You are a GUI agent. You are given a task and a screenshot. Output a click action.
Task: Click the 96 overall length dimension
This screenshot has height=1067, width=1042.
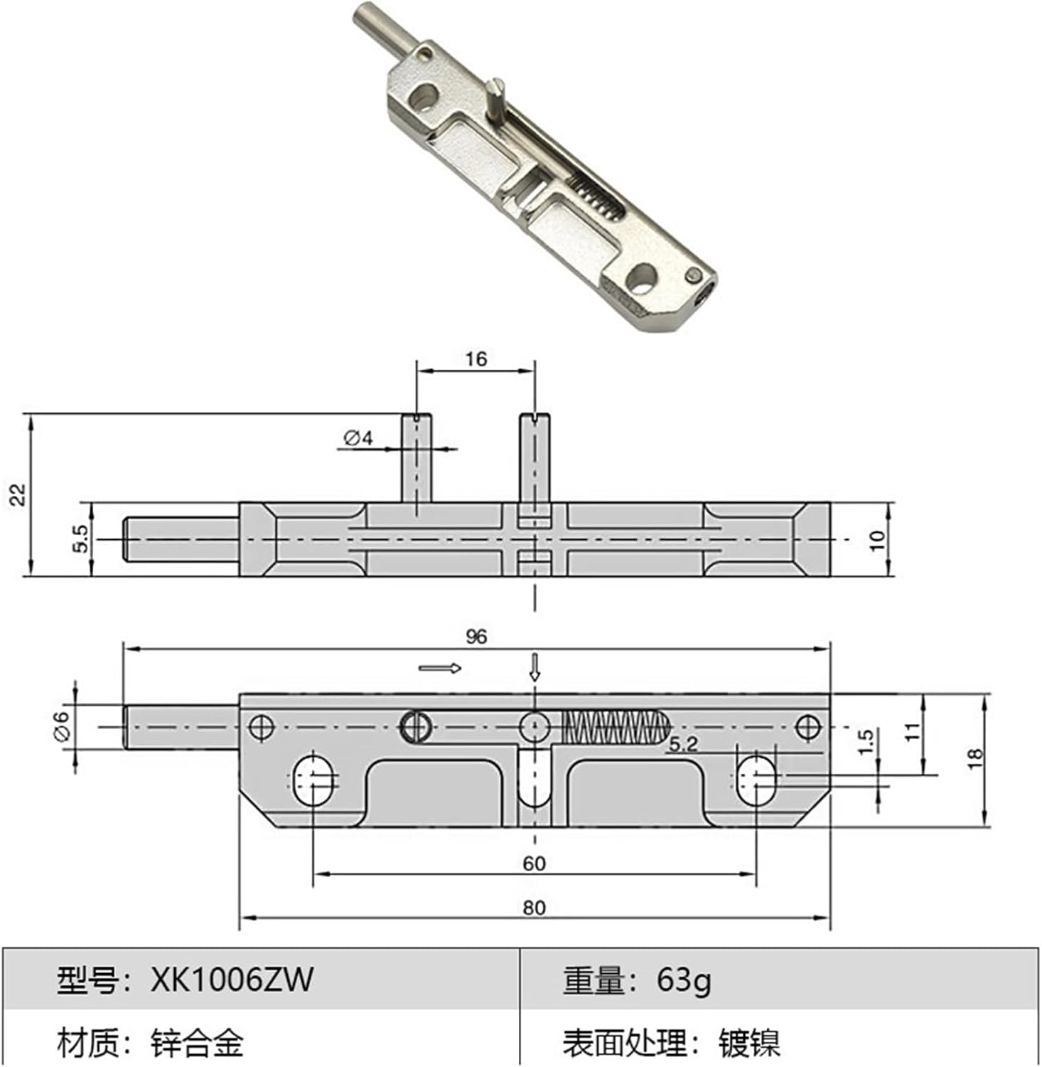476,636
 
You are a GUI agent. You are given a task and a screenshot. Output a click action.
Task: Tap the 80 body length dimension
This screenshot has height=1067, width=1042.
534,908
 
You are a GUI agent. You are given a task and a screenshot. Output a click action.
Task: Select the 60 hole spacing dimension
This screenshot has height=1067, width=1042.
534,863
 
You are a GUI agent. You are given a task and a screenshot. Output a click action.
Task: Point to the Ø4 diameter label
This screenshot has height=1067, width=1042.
358,437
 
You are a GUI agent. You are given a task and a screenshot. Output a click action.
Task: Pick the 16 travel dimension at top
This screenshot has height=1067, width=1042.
476,359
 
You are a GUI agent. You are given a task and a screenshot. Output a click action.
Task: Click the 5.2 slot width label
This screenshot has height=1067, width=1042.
683,745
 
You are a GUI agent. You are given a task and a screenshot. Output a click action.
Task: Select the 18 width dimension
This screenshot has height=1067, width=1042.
975,757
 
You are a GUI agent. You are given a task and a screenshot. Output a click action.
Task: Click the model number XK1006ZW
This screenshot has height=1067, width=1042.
232,980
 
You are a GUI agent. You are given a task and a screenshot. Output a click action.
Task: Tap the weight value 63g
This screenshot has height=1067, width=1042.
683,980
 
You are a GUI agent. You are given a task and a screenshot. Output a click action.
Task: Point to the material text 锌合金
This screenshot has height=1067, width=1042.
197,1044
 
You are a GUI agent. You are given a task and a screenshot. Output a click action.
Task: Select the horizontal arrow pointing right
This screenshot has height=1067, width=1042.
440,668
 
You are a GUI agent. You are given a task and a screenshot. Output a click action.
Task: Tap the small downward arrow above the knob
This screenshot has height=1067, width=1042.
535,667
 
